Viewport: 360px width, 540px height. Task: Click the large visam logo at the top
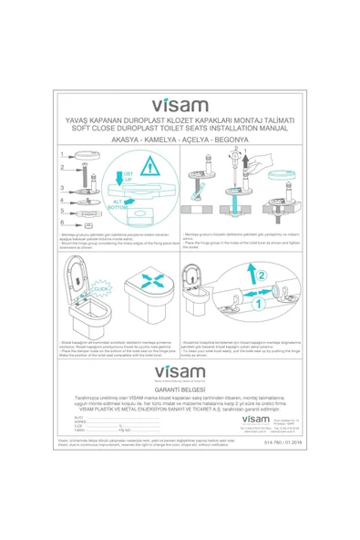[180, 106]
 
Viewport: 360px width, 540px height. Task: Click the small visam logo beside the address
[232, 416]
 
